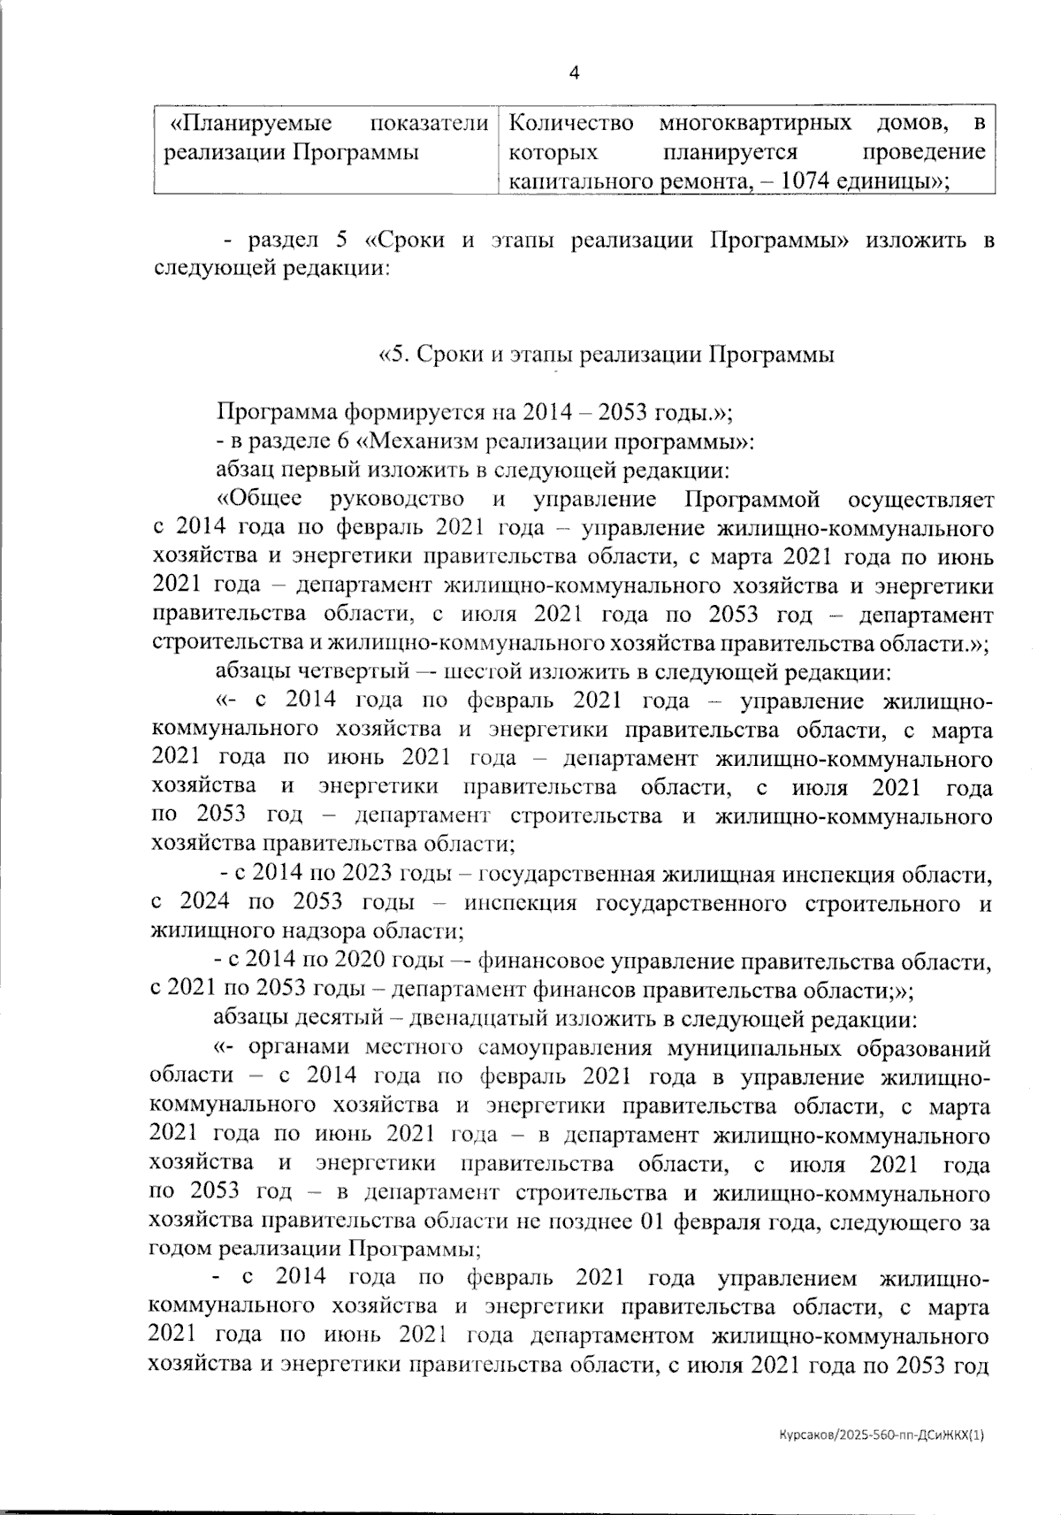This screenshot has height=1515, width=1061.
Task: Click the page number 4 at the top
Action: tap(575, 73)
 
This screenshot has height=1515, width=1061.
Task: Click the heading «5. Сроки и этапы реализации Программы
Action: tap(607, 355)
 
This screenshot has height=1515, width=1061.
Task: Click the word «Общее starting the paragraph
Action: tap(261, 499)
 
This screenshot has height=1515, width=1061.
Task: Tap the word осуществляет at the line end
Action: tap(920, 499)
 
